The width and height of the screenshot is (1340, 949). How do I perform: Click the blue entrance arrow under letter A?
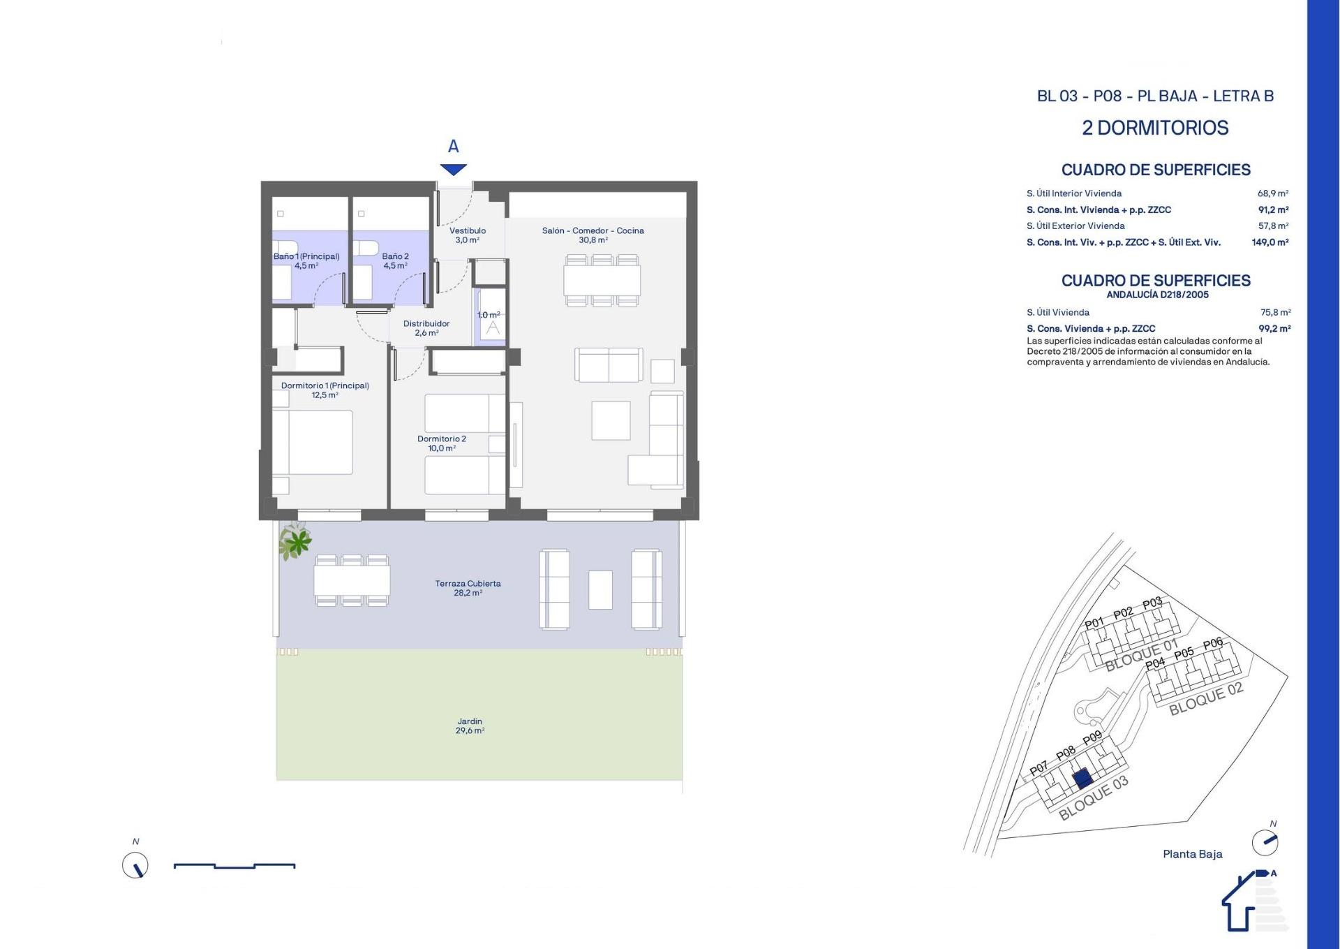coord(453,169)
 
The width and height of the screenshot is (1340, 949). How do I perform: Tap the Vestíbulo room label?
coord(467,235)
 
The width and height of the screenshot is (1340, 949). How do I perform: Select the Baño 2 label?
coord(395,260)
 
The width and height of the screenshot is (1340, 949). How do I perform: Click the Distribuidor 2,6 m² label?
coord(426,328)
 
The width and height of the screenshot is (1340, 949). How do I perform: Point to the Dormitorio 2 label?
coord(441,443)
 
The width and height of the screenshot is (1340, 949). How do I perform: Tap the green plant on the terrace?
coord(296,540)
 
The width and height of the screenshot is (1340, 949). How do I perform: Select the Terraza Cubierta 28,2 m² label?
coord(468,588)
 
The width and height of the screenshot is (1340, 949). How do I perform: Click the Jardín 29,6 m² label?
coord(470,726)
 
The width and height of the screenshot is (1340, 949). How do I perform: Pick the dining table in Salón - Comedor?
coord(602,280)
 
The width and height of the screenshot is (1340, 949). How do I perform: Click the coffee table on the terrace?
coord(600,589)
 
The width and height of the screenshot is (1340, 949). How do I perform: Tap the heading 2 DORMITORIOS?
coord(1155,128)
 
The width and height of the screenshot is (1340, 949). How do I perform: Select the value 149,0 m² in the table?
coord(1270,242)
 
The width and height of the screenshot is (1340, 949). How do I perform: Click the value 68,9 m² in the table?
coord(1272,193)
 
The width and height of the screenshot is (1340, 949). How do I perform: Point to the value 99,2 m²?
coord(1274,328)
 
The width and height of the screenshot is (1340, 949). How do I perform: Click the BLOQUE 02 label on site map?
coord(1206,699)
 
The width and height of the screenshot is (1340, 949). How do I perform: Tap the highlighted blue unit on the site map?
coord(1082,779)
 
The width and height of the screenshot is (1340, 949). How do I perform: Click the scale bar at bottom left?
coord(234,866)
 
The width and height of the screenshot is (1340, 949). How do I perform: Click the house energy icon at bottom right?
coord(1249,904)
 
